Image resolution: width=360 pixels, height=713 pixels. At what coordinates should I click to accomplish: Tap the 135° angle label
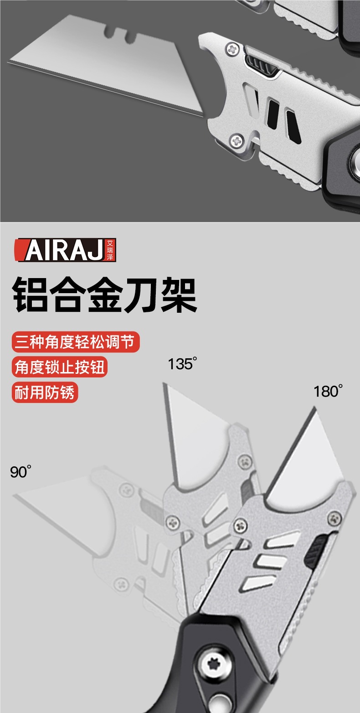coord(182,364)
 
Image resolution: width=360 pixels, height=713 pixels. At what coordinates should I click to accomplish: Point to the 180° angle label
coord(328,391)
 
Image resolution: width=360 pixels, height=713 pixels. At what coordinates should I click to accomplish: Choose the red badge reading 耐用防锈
coord(45,392)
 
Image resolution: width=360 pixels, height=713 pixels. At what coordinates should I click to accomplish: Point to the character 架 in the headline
coord(178,296)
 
